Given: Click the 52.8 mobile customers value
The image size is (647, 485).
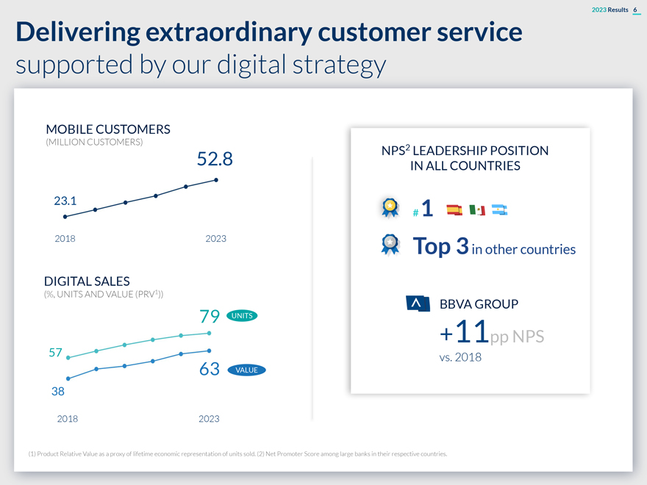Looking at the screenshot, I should pos(215,159).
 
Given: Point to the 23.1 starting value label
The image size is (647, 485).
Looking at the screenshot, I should pos(67,200).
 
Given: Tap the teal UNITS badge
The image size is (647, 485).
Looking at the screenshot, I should pos(242,316).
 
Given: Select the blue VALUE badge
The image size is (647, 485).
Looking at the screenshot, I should pos(246,370).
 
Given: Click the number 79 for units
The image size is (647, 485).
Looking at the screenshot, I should pos(210,317).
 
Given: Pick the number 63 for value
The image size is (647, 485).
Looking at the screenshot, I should pos(210,370).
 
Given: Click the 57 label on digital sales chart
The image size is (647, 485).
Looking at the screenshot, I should pos(54,352).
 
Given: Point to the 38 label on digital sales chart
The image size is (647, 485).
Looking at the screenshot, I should pos(58,392).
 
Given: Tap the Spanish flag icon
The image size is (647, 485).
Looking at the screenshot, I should pos(454,210).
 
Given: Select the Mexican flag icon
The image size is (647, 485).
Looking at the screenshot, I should pos(476,210).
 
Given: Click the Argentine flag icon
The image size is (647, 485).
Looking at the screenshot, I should pos(500,210).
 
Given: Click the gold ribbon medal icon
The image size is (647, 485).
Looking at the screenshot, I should pos(390,207).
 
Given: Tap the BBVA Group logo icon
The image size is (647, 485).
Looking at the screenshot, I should pos(418,304).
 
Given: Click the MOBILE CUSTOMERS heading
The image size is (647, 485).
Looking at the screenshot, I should pos(107,129).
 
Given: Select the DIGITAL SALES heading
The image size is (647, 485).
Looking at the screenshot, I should pos(87,281).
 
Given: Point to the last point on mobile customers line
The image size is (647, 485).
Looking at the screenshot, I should pos(216,179).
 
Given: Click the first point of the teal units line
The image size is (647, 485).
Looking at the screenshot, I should pos(68,357).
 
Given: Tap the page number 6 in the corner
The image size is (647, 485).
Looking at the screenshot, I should pos(635,8).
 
